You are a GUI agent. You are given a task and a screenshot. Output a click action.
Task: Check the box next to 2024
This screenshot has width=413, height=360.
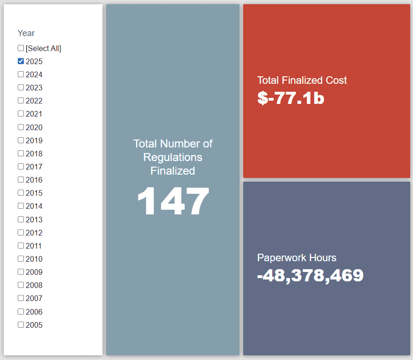21,74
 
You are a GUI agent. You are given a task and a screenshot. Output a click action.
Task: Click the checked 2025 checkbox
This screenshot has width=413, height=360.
21,61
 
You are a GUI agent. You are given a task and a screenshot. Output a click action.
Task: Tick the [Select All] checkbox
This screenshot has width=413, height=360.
21,48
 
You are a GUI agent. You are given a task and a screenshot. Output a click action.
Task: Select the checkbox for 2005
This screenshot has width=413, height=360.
21,324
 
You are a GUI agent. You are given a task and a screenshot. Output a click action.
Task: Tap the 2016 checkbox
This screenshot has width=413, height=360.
21,179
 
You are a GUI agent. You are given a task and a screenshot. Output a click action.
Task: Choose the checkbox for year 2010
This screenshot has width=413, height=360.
21,258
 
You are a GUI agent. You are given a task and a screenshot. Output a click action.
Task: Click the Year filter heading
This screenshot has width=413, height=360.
26,33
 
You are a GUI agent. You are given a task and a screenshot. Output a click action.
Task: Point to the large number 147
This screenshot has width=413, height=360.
173,201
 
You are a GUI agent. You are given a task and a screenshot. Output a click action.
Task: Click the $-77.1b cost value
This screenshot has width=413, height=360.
290,98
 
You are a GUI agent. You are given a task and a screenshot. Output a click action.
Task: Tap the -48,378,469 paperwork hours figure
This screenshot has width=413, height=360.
310,275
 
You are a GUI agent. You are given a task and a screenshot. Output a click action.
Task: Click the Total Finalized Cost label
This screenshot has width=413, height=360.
302,80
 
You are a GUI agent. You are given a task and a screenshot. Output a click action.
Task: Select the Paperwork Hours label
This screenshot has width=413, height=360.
297,257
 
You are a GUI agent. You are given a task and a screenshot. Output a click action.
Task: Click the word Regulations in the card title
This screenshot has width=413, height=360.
173,157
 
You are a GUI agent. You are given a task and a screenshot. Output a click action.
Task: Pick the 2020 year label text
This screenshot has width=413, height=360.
34,127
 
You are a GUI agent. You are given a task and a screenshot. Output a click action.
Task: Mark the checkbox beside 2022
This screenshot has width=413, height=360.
21,100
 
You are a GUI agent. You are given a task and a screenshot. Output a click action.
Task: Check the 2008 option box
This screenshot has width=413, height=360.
21,285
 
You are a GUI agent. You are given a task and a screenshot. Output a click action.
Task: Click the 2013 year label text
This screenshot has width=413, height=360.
34,220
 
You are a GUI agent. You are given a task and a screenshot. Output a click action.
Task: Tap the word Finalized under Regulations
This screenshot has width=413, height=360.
173,171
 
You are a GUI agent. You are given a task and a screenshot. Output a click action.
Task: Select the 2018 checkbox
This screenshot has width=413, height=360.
21,153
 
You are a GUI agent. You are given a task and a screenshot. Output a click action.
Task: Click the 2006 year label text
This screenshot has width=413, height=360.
34,312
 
